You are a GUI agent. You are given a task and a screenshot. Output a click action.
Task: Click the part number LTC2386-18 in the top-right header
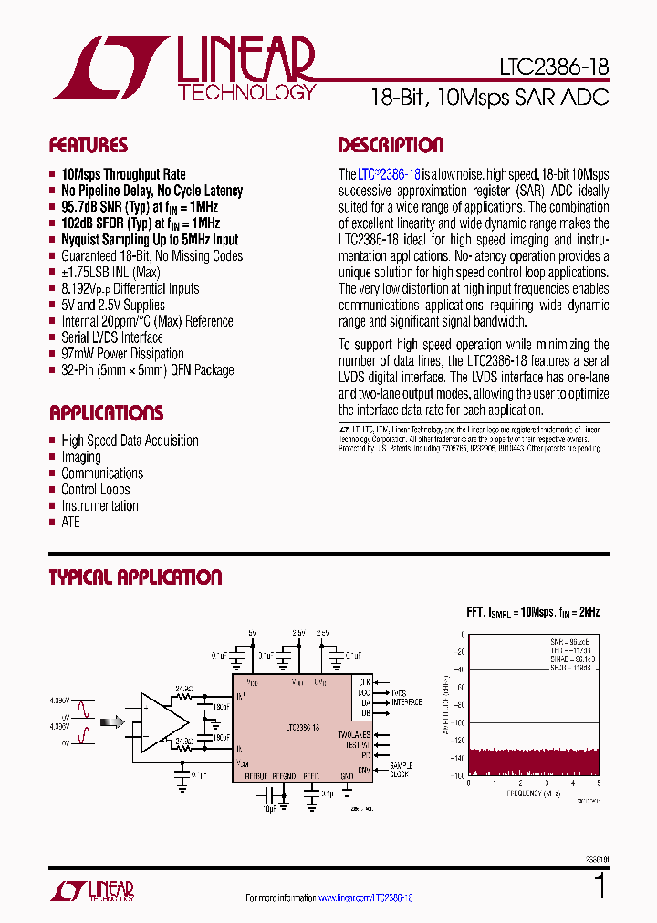click(554, 68)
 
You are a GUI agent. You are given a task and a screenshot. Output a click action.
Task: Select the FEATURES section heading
click(88, 146)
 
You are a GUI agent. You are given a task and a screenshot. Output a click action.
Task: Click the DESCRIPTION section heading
click(391, 146)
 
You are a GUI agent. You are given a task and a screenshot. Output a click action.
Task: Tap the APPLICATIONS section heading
click(106, 412)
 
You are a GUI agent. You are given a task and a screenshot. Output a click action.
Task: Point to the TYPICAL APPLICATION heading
click(135, 577)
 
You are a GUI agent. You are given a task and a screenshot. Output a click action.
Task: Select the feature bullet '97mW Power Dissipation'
click(122, 354)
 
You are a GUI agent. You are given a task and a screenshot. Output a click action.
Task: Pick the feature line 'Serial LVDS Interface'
click(111, 337)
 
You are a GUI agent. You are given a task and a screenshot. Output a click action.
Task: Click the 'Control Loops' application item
click(95, 490)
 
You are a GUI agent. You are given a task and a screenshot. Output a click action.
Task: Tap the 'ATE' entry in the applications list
click(70, 523)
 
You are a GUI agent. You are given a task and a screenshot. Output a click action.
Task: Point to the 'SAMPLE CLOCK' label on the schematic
click(401, 770)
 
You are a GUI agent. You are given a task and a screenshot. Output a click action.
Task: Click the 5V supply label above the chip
click(252, 631)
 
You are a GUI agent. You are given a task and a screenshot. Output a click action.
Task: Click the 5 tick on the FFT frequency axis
click(599, 783)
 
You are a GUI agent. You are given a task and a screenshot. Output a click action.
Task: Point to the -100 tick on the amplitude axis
click(458, 722)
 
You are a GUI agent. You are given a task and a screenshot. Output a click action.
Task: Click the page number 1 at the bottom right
click(600, 886)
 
